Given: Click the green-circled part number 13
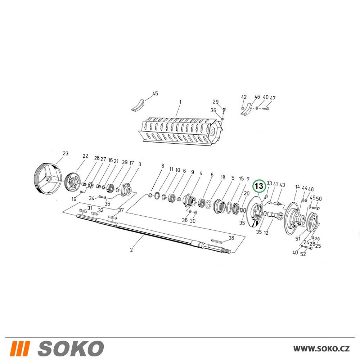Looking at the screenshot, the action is [259, 186].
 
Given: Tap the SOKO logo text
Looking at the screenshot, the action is [71, 348].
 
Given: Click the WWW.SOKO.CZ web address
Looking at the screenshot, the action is [321, 348].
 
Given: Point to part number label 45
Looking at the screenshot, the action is [155, 94].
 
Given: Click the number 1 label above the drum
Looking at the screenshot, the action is [180, 102].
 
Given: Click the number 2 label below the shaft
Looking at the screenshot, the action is [131, 249].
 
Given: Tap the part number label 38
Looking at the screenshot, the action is [231, 238].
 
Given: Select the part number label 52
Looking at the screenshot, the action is [303, 254].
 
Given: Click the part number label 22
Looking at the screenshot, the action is [85, 156].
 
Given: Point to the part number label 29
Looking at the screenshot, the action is [216, 102].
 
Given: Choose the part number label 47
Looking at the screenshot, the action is [273, 98].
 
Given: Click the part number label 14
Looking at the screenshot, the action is [297, 187].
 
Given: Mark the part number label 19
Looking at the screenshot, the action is [74, 199].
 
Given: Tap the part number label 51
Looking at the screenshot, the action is [298, 239].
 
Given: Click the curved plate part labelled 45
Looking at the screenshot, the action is [138, 105].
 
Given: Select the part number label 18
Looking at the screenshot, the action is [223, 177].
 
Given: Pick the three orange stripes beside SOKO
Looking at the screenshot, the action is [20, 348].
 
